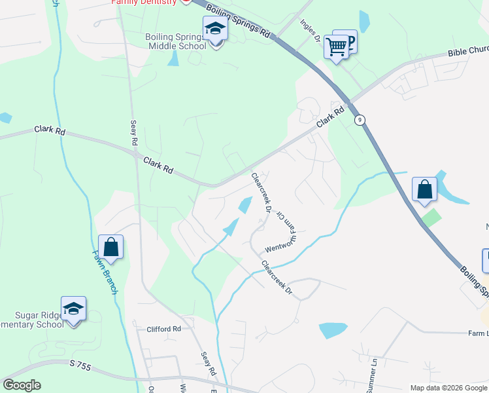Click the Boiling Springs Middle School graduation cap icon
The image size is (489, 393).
pos(214,28)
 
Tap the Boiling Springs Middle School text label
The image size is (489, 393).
pos(176,41)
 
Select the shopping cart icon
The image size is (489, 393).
pos(336,47)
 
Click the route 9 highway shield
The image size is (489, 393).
pos(360,120)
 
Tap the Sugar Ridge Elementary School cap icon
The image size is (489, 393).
pos(74,308)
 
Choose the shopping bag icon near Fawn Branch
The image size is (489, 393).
pos(110,247)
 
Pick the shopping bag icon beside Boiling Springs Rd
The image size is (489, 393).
pos(424,189)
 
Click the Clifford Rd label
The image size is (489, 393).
pos(163,329)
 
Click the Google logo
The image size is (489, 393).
pos(22,385)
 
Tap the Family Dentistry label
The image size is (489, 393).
pos(144,2)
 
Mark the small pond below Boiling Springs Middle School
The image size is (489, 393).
pos(173,58)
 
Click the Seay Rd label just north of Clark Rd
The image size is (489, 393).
pos(133,132)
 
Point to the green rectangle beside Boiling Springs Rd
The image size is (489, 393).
pos(431,217)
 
